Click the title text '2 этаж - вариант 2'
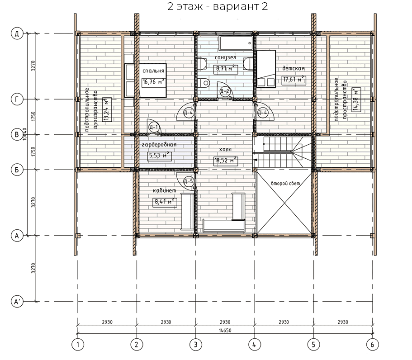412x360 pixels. coord(217,6)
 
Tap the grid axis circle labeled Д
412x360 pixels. coord(17,33)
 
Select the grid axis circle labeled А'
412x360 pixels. coord(17,302)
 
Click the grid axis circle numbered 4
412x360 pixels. coord(254,344)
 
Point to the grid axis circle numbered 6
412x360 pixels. coord(372,344)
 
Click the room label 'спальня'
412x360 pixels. coord(153,71)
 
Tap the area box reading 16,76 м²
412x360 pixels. coord(154,82)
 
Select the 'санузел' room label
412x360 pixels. coord(225,57)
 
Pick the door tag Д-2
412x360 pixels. coord(225,92)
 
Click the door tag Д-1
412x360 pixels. coord(153,128)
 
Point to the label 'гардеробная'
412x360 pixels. coord(159,145)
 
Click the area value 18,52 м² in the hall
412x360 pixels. coord(225,160)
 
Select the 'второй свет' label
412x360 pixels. coord(285,184)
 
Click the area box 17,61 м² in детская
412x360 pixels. coord(294,79)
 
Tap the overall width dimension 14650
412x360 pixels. coord(225,330)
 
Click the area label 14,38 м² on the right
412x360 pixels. coord(356,100)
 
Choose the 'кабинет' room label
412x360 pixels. coord(165,190)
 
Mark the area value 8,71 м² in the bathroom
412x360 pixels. coord(225,69)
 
